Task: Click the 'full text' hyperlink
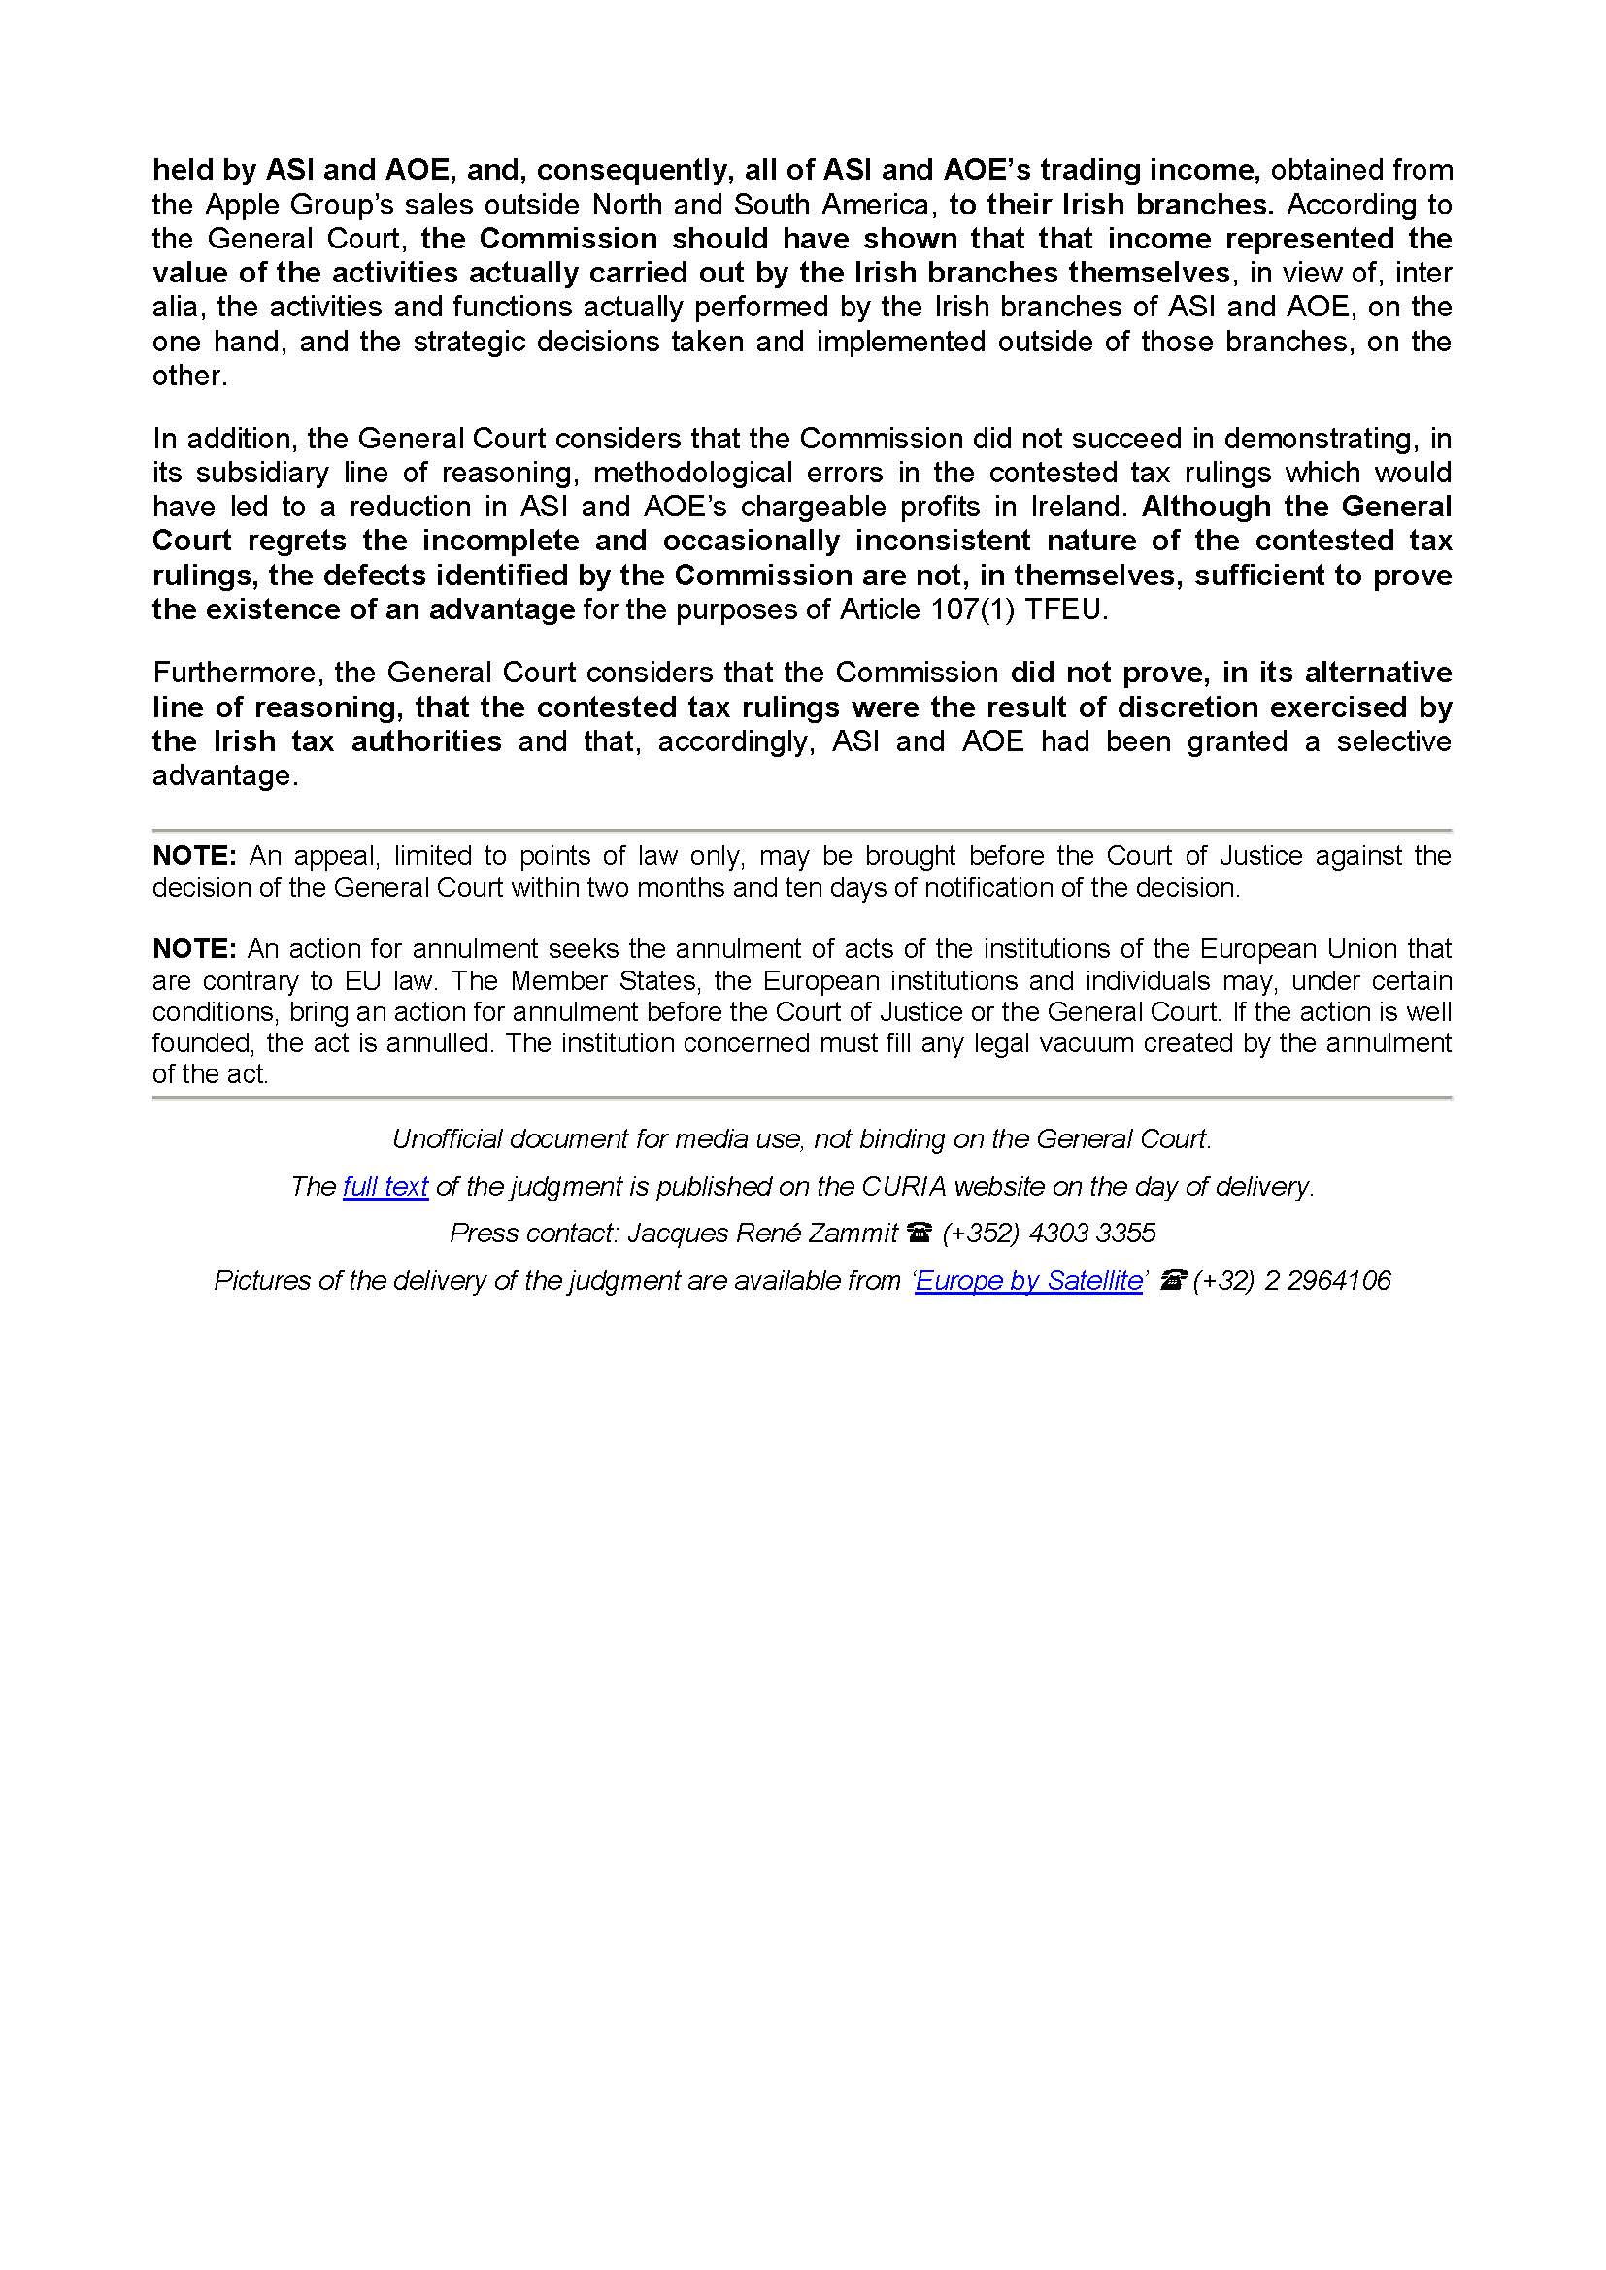tap(385, 1186)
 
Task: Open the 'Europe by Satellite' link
tap(1028, 1281)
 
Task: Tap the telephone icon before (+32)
tap(1172, 1281)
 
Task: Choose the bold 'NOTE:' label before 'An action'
tap(195, 949)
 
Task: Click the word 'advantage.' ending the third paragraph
tap(224, 776)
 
